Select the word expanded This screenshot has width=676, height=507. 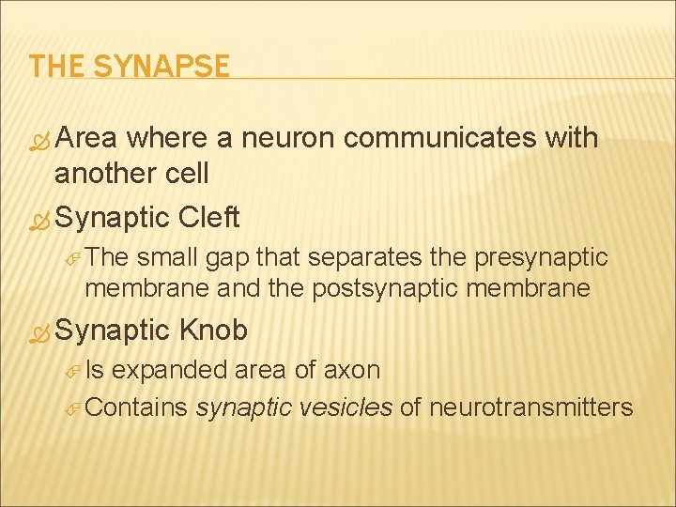click(x=169, y=370)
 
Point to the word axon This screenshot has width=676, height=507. click(x=351, y=370)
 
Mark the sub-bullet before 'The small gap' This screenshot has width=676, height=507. click(x=74, y=258)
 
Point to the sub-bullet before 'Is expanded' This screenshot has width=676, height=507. click(x=74, y=371)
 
